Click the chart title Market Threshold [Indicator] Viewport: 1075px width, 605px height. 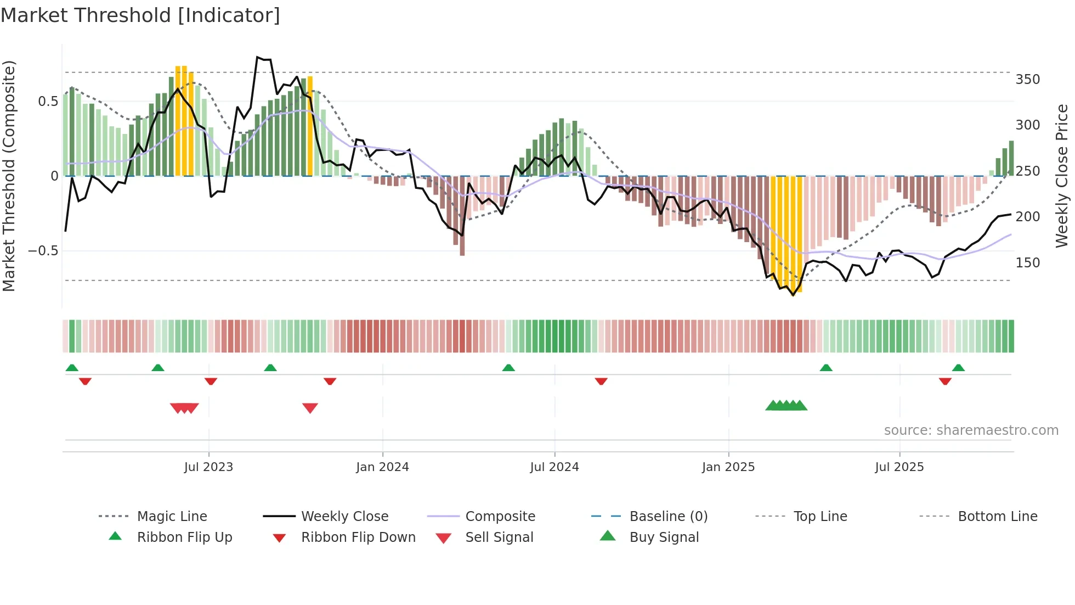(x=140, y=15)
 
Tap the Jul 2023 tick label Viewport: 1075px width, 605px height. (x=208, y=467)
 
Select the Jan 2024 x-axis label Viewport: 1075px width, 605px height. (x=382, y=467)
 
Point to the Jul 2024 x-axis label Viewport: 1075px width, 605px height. (x=554, y=467)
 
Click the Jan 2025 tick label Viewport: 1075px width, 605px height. (x=728, y=467)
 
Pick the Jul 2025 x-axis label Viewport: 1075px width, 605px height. (x=899, y=467)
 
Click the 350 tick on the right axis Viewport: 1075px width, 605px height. (x=1027, y=80)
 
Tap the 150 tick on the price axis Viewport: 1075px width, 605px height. (x=1027, y=263)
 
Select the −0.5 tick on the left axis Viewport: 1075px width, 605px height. (x=43, y=251)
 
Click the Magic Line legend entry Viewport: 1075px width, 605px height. (x=172, y=517)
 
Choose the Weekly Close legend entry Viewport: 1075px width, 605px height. (x=344, y=517)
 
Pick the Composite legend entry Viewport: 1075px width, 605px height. (x=500, y=517)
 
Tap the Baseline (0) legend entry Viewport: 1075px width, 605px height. (x=668, y=517)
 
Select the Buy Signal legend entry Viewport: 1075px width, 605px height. (x=664, y=537)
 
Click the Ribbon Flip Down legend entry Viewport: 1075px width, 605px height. (x=358, y=537)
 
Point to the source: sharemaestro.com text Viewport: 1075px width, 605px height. (x=971, y=430)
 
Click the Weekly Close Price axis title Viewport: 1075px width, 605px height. (x=1062, y=176)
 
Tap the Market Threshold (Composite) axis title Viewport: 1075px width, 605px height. (x=9, y=176)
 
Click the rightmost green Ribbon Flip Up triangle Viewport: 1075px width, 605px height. (x=958, y=368)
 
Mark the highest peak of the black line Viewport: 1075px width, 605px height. (x=257, y=57)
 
